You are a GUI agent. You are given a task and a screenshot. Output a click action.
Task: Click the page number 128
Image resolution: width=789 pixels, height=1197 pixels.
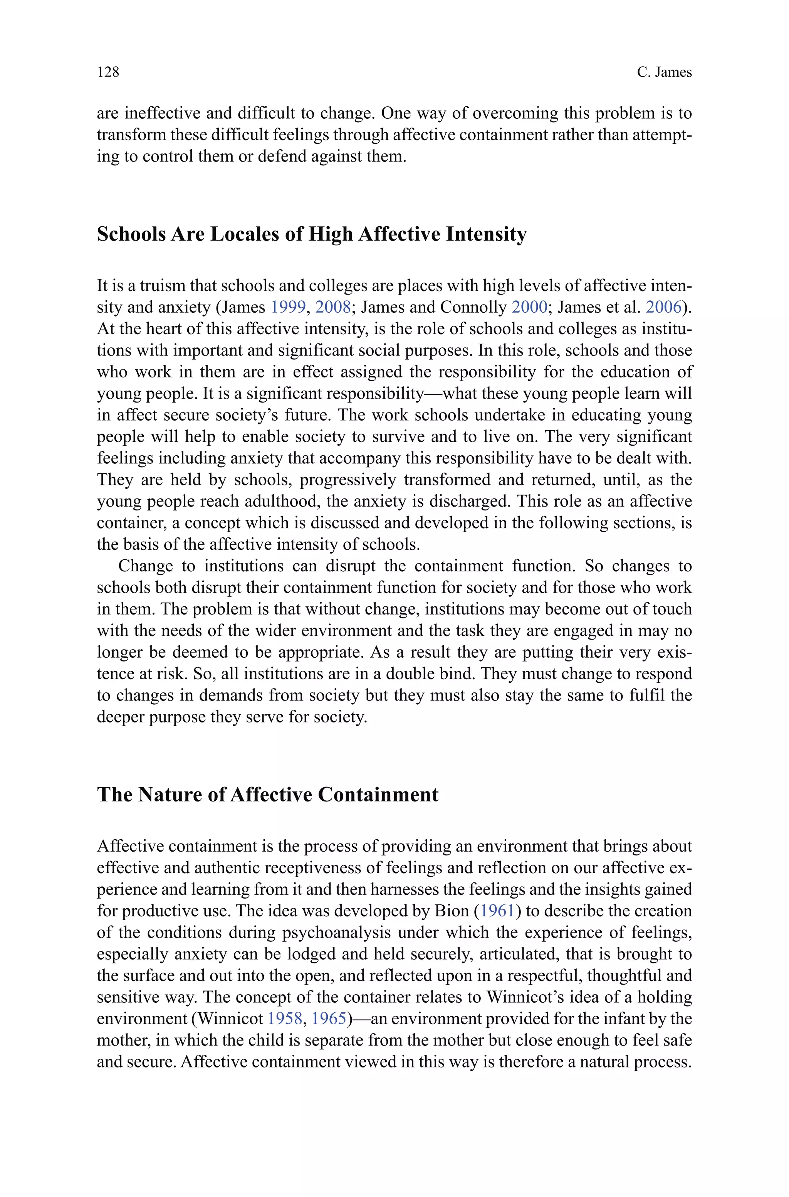108,72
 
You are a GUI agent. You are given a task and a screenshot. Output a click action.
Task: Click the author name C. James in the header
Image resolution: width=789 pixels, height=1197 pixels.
664,72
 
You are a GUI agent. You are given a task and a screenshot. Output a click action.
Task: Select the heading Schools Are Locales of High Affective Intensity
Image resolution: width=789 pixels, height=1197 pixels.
311,234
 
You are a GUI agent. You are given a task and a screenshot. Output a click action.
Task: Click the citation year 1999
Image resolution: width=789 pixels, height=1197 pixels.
288,307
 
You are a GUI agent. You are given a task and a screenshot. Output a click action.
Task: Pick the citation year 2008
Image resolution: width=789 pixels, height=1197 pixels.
332,307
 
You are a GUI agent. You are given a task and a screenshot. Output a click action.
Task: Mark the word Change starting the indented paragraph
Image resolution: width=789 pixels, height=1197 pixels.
144,566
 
